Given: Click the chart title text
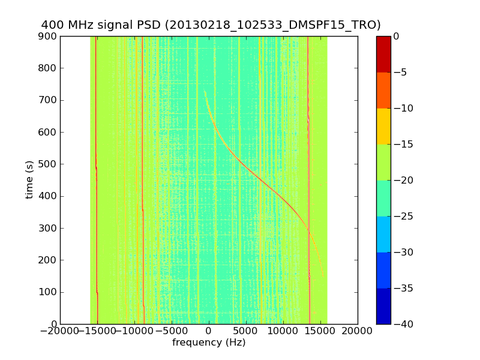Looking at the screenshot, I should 211,25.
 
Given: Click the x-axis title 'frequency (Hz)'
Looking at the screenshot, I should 209,343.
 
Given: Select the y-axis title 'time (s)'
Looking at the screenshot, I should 29,180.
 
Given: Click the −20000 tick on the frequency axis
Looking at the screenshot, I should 60,331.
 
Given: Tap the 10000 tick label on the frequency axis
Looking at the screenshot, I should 283,331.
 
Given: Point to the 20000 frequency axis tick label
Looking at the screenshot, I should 358,331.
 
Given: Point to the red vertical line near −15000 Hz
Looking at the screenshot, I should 96,180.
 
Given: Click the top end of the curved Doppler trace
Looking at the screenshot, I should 205,91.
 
